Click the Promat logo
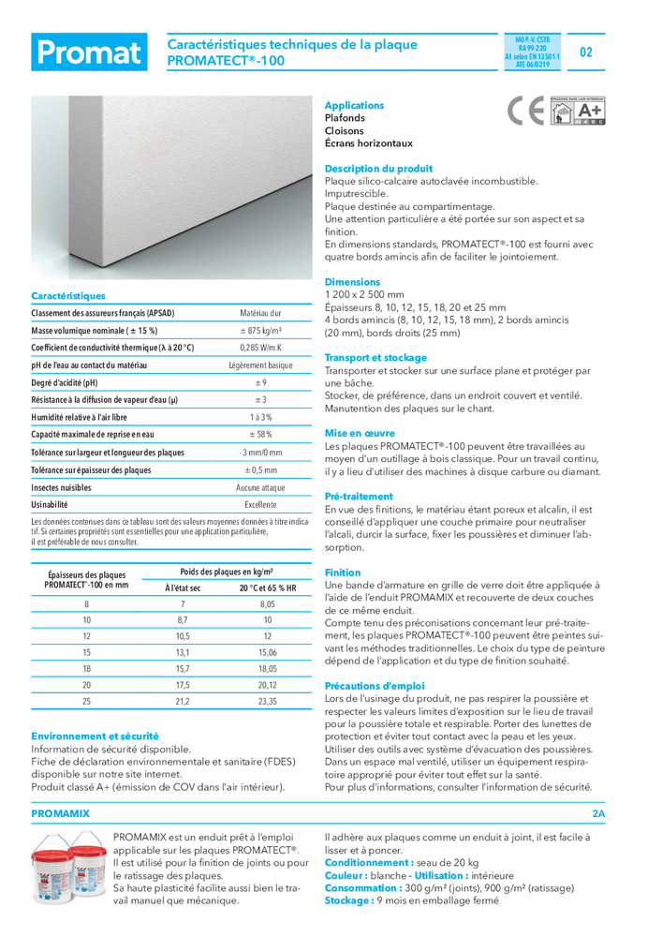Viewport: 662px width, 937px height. tap(89, 52)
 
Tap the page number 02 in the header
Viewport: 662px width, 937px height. tap(586, 52)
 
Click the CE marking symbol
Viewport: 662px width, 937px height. tap(524, 112)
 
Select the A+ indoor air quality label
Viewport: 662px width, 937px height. tap(578, 112)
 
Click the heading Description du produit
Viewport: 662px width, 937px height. tap(378, 169)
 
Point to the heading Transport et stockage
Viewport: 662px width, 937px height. tap(375, 358)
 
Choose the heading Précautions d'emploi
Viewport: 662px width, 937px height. tap(375, 686)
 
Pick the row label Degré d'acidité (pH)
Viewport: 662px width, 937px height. tap(65, 382)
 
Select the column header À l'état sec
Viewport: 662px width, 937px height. tap(183, 587)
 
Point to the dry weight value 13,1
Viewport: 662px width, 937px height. tap(183, 652)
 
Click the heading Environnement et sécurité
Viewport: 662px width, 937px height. tap(95, 736)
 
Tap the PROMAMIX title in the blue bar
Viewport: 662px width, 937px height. tap(61, 814)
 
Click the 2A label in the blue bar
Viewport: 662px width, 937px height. tap(599, 814)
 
